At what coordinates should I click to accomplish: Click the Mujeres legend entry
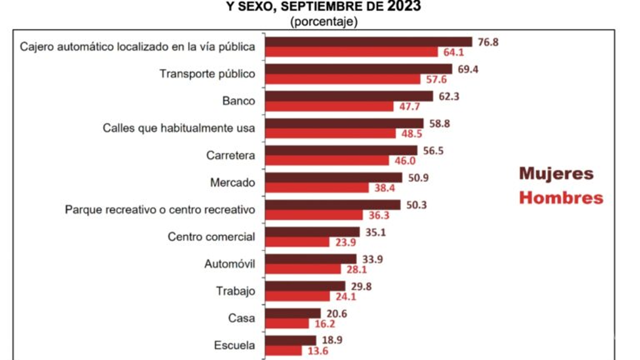pos(556,173)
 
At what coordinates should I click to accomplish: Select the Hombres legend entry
pos(561,198)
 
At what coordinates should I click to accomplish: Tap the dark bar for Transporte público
pos(359,69)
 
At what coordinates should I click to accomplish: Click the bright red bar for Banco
pos(329,106)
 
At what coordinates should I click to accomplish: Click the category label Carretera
pos(231,156)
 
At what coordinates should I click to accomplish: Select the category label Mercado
pos(233,182)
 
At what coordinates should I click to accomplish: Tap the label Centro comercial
pos(211,237)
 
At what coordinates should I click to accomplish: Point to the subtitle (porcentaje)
pos(324,22)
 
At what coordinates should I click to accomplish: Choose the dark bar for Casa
pos(293,313)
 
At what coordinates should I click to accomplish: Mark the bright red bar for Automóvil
pos(303,269)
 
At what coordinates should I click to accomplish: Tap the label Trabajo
pos(235,291)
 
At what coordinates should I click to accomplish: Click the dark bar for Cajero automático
pos(368,42)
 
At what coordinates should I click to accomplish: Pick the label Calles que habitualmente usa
pos(179,128)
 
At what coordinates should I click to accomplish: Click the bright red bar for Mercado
pos(317,188)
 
